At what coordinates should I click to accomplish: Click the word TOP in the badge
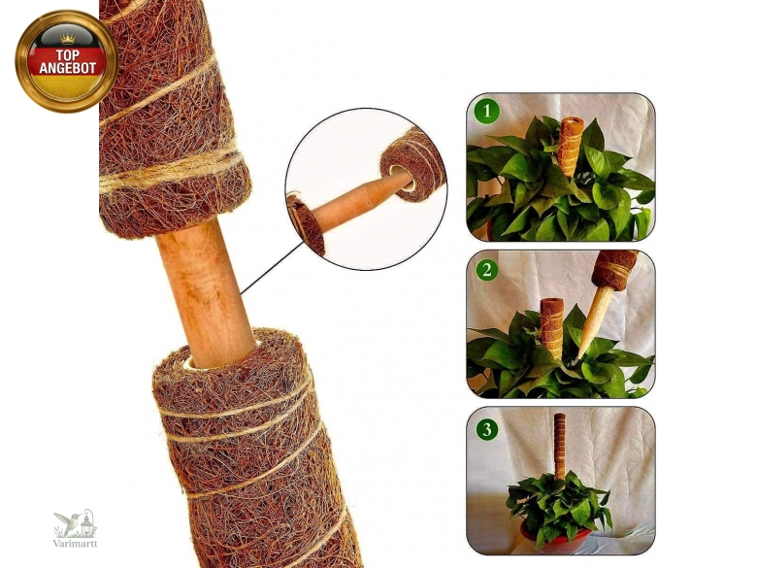pos(68,54)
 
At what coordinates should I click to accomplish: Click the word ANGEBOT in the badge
pos(68,68)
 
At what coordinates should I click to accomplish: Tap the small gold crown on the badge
pos(68,39)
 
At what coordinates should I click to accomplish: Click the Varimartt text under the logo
pos(76,544)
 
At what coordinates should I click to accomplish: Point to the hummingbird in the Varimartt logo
pos(68,521)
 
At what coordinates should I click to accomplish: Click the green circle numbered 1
pos(486,112)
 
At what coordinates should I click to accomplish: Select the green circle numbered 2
pos(486,269)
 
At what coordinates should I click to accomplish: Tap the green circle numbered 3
pos(486,429)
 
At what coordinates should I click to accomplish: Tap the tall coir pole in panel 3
pos(560,446)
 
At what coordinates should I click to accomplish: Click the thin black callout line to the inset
pos(265,267)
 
